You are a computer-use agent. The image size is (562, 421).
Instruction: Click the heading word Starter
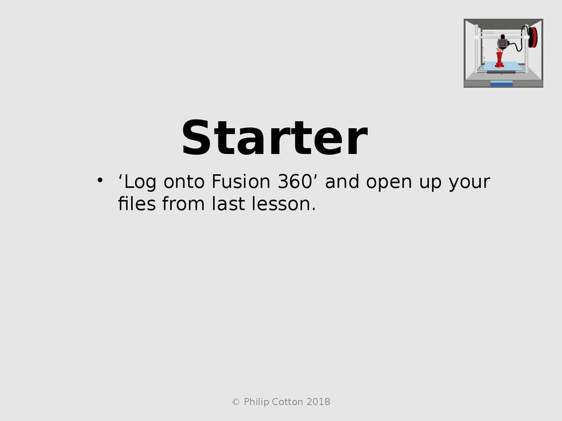click(x=274, y=138)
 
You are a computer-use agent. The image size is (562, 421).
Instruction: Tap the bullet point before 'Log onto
click(x=100, y=180)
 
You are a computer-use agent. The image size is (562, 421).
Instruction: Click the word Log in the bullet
click(x=137, y=182)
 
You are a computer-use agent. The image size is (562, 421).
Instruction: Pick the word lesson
click(x=284, y=204)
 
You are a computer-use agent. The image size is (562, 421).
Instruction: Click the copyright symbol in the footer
click(x=236, y=402)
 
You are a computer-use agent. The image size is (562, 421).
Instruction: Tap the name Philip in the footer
click(x=256, y=402)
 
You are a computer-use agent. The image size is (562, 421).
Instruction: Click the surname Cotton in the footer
click(x=287, y=402)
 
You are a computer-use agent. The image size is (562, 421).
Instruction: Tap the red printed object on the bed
click(x=499, y=60)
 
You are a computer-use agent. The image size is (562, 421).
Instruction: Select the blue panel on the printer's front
click(x=502, y=84)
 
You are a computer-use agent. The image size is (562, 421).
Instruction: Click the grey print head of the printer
click(x=503, y=42)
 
